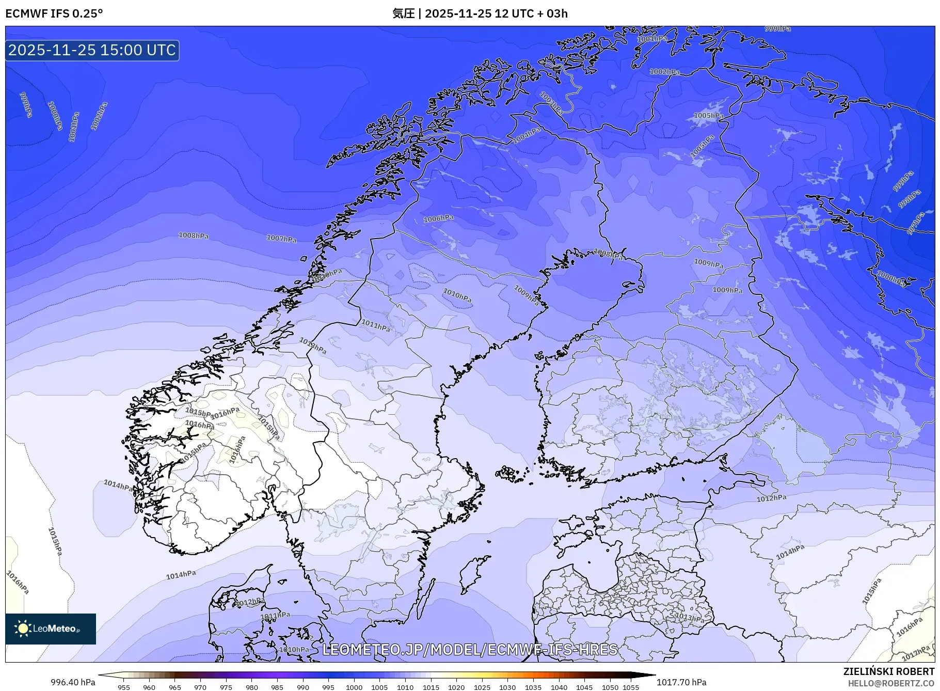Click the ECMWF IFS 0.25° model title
[54, 13]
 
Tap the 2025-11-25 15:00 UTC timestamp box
[92, 50]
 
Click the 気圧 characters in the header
[403, 13]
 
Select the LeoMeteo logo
[51, 629]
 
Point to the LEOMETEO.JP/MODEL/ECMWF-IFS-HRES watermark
[470, 650]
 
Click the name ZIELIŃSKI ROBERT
[888, 671]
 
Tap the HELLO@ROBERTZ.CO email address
[891, 683]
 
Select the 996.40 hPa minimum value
[73, 682]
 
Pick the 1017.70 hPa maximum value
[681, 682]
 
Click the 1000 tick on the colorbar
[354, 687]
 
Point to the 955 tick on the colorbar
[124, 687]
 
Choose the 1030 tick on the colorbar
[507, 687]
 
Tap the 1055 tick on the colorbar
[631, 687]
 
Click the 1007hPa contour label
[281, 238]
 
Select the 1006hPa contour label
[438, 218]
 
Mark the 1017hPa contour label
[916, 653]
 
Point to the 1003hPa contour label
[551, 103]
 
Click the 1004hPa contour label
[527, 135]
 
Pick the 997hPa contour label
[916, 224]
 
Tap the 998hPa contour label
[909, 199]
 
